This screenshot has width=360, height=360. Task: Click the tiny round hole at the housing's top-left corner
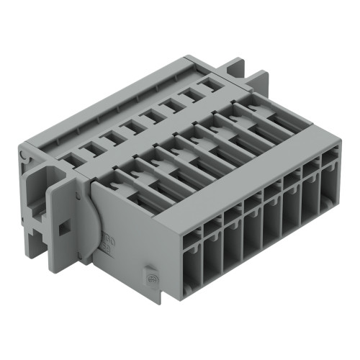coord(26,153)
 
